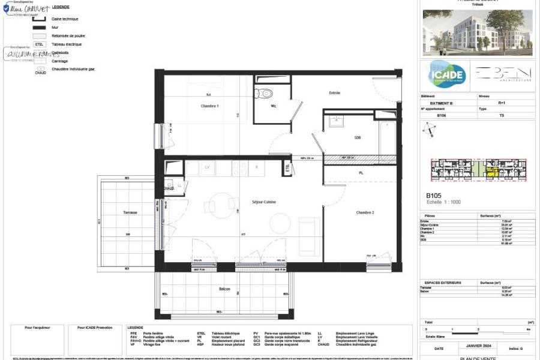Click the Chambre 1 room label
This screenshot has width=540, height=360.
tap(209, 106)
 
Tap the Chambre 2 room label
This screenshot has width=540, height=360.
tap(365, 213)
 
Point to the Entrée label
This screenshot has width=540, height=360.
tap(335, 93)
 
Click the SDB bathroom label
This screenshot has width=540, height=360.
tap(358, 137)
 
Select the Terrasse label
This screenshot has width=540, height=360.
tap(131, 212)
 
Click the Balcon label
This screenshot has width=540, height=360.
tap(224, 289)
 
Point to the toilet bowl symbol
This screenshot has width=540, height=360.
tap(264, 92)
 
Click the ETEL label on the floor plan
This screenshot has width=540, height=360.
tap(288, 169)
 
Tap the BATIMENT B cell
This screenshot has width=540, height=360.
tap(441, 103)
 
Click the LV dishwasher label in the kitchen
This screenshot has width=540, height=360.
tap(208, 167)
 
